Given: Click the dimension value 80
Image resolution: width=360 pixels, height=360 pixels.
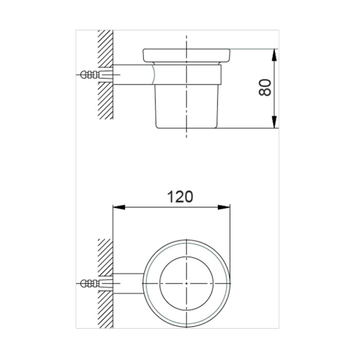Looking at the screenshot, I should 264,88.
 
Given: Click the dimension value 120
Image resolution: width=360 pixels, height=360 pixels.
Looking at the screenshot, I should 180,196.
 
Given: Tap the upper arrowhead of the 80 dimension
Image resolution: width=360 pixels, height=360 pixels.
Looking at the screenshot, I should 276,53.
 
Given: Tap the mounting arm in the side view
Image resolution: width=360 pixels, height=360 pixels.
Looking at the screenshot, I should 131,75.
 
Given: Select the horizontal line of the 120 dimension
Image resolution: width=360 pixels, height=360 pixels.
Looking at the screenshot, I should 154,208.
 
